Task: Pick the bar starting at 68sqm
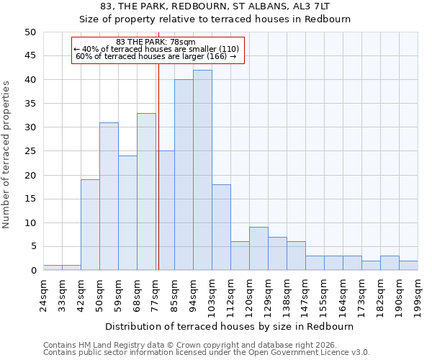146,192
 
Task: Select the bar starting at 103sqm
221,228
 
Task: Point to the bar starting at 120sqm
258,248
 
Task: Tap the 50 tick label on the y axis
30,32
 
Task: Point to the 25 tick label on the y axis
30,151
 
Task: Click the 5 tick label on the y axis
33,247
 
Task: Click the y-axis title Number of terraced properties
7,154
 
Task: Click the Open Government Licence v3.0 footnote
207,353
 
